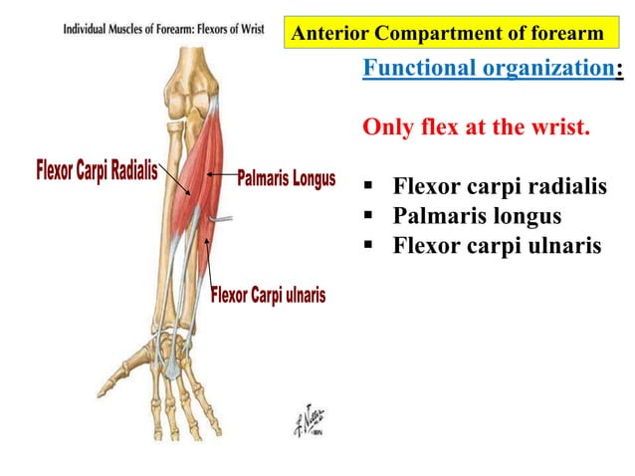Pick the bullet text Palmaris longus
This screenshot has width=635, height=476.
(x=477, y=215)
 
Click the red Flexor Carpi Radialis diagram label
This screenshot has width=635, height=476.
(x=97, y=170)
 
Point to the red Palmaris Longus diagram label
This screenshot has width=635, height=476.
(x=286, y=180)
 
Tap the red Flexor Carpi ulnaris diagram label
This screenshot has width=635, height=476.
(x=268, y=296)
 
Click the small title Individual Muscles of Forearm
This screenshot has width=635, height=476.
(x=139, y=29)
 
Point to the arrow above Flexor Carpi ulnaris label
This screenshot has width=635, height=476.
(x=208, y=259)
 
